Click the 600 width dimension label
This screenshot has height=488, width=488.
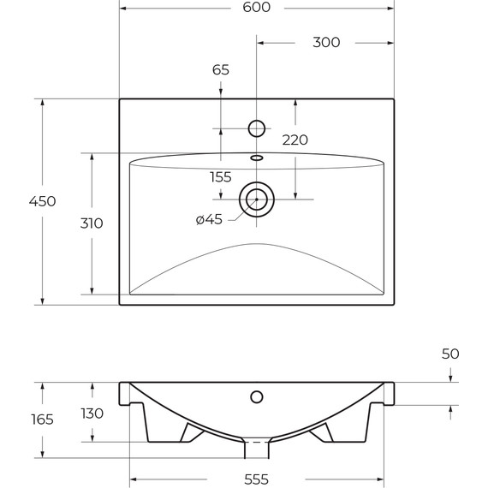(256, 8)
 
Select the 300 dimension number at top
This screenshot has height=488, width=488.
(325, 42)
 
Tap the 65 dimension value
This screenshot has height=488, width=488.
(220, 70)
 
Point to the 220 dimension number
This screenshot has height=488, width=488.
(295, 140)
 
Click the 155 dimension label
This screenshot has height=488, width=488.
(220, 177)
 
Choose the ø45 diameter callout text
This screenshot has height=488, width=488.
(209, 219)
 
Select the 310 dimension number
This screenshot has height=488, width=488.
(92, 223)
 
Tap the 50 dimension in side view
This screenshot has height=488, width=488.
(451, 354)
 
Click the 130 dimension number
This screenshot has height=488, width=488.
(92, 414)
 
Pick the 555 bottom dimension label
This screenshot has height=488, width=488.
(256, 479)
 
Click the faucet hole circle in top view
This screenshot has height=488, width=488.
(256, 128)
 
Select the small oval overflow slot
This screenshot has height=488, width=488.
(256, 158)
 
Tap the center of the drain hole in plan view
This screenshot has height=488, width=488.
(256, 199)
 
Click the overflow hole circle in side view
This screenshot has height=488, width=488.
(256, 396)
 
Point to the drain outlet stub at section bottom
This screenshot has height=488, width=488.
(256, 450)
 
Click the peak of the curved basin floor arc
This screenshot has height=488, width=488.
(256, 244)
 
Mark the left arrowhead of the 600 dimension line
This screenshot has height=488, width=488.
(122, 8)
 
